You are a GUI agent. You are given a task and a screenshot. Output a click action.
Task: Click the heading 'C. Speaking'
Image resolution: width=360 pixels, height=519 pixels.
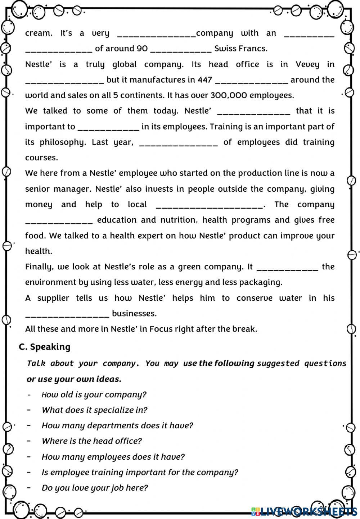tap(45, 347)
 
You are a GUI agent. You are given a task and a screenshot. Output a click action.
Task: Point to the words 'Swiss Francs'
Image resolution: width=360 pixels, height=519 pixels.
tap(240, 49)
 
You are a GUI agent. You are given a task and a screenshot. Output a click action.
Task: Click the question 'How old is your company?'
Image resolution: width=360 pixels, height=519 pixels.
tap(94, 395)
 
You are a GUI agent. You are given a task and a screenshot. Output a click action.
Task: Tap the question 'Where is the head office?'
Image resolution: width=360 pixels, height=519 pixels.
tap(92, 441)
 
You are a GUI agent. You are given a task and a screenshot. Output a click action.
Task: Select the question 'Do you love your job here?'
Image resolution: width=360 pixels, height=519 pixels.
tap(95, 488)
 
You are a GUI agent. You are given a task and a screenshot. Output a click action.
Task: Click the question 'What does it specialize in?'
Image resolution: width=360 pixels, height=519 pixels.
tap(94, 410)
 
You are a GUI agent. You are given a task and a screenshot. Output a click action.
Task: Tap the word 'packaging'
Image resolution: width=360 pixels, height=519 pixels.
tap(263, 282)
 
